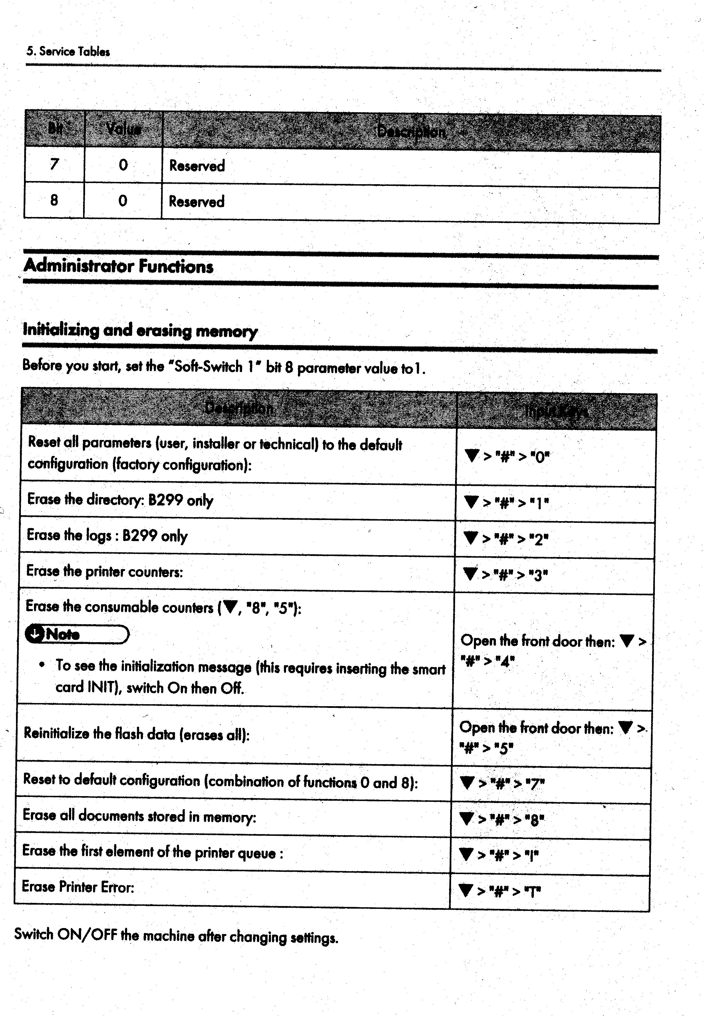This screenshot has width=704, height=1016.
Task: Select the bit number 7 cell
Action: point(54,164)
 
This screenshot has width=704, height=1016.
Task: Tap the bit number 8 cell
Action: point(54,200)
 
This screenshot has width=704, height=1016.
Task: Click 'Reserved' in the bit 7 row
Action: point(197,166)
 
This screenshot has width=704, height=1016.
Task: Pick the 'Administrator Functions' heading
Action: point(118,266)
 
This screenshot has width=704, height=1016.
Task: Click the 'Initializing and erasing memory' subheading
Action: point(140,330)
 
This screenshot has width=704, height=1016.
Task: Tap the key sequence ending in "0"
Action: point(507,456)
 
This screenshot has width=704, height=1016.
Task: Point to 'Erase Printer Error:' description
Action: point(78,886)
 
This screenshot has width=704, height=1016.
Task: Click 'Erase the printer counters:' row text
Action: point(104,571)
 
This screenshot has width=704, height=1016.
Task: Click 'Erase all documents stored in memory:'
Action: point(139,816)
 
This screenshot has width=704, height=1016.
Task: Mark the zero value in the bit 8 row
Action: point(123,201)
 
